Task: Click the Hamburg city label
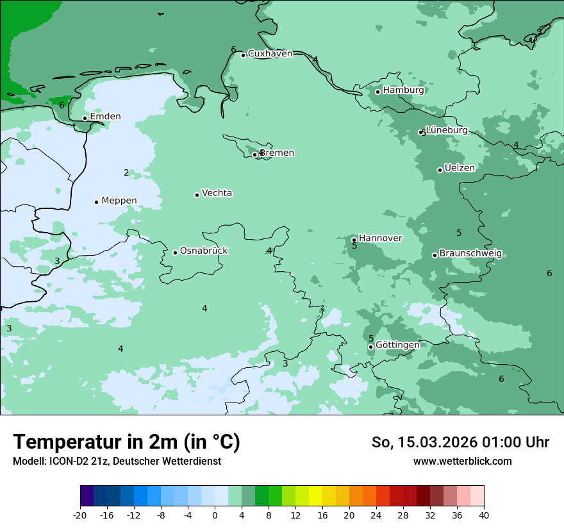pyautogui.click(x=403, y=90)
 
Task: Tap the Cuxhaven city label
pyautogui.click(x=270, y=54)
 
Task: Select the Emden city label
pyautogui.click(x=105, y=117)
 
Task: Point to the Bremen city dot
pyautogui.click(x=254, y=154)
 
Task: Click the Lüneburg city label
pyautogui.click(x=447, y=131)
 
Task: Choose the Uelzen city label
pyautogui.click(x=460, y=169)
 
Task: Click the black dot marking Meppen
pyautogui.click(x=97, y=202)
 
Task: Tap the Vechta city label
pyautogui.click(x=217, y=193)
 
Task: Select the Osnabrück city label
pyautogui.click(x=204, y=251)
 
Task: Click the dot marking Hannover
pyautogui.click(x=354, y=240)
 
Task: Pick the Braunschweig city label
pyautogui.click(x=470, y=254)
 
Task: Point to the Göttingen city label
pyautogui.click(x=397, y=345)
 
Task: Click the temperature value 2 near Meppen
pyautogui.click(x=126, y=173)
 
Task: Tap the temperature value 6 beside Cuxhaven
pyautogui.click(x=233, y=50)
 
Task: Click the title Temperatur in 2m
pyautogui.click(x=126, y=442)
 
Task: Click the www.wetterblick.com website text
pyautogui.click(x=462, y=461)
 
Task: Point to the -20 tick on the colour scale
pyautogui.click(x=80, y=515)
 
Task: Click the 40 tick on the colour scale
pyautogui.click(x=483, y=515)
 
